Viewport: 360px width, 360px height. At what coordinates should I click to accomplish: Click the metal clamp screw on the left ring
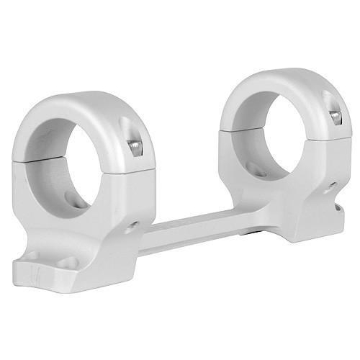point(135,148)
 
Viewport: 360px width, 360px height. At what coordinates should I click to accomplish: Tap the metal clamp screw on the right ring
point(335,116)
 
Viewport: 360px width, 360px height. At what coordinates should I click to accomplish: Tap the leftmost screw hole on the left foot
point(32,256)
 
